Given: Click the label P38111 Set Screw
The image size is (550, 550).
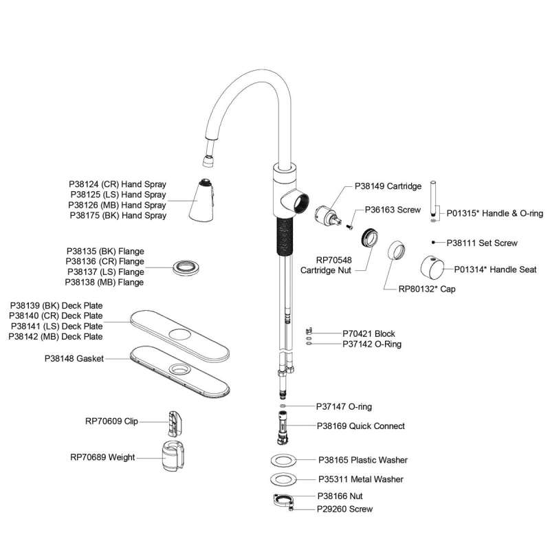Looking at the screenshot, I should (x=482, y=243).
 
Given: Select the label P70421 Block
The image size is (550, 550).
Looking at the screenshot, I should (x=368, y=334).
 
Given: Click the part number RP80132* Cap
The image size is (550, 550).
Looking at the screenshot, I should (x=427, y=289).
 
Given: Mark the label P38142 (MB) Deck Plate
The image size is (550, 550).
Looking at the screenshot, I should (x=56, y=336).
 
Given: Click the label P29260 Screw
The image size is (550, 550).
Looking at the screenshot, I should (x=345, y=509).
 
